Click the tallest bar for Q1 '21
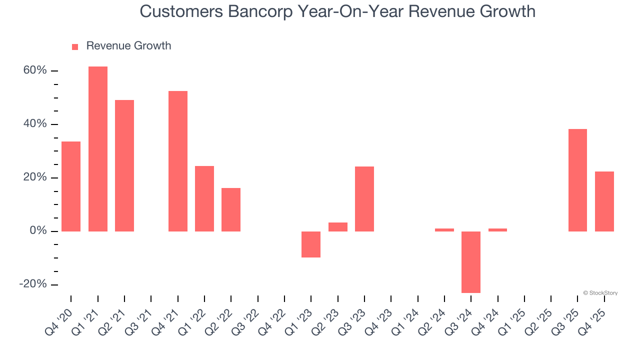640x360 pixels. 97,149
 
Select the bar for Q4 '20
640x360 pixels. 71,186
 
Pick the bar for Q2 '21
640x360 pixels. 124,165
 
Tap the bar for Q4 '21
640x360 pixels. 178,161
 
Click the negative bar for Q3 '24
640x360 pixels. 471,262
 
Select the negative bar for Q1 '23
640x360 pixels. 311,244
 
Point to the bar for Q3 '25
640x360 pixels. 577,180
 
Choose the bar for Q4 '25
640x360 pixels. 604,201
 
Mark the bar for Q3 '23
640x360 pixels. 364,199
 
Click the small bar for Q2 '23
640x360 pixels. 338,227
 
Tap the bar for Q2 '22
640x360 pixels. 231,209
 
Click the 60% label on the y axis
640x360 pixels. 35,70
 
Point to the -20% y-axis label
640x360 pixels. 33,284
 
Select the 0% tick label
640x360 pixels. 38,230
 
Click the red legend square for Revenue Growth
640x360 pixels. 75,46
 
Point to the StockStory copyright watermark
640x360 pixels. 600,293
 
